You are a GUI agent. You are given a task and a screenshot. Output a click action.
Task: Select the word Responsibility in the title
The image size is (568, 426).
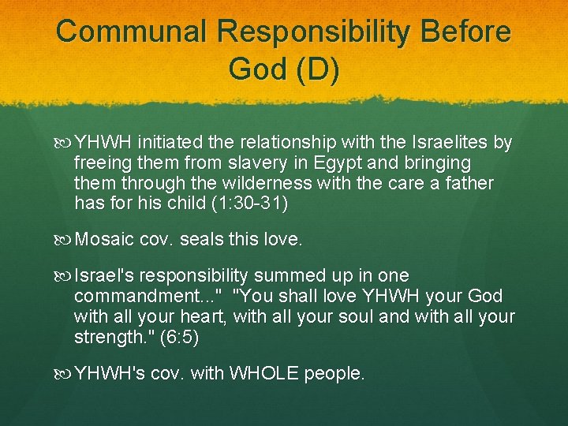click(x=314, y=32)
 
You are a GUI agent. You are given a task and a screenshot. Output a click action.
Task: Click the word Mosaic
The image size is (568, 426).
click(x=104, y=239)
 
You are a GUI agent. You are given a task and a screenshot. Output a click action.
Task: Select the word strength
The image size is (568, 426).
click(x=106, y=337)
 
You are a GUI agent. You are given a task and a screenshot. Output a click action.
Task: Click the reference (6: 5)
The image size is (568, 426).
click(x=179, y=337)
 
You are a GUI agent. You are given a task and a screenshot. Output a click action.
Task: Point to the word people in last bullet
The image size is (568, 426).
click(x=338, y=373)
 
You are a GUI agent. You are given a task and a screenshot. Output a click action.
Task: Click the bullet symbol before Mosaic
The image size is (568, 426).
click(x=65, y=239)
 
